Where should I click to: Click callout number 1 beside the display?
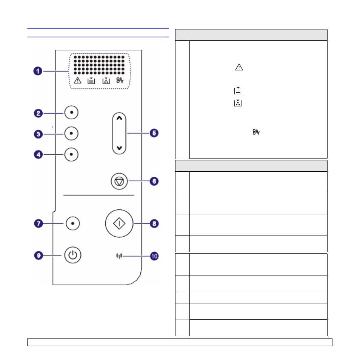coord(38,71)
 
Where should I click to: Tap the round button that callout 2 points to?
coord(71,112)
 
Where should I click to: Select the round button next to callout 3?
coord(71,133)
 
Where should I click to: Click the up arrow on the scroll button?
coord(119,118)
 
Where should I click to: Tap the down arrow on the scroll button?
coord(119,148)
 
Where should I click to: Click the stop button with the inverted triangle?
coord(119,182)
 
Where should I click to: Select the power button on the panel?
coord(73,255)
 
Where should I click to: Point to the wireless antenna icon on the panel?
coord(119,256)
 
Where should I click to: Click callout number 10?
coord(154,256)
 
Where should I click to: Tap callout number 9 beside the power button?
coord(38,255)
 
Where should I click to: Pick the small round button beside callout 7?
coord(73,223)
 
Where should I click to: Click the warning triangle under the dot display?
coord(78,80)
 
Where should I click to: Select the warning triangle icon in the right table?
coord(239,67)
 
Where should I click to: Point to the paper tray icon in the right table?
coord(238,91)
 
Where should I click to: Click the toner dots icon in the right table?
coord(238,103)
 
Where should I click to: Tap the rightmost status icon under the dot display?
coord(120,80)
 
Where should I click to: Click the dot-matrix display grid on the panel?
coord(99,65)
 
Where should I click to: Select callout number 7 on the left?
coord(38,223)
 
